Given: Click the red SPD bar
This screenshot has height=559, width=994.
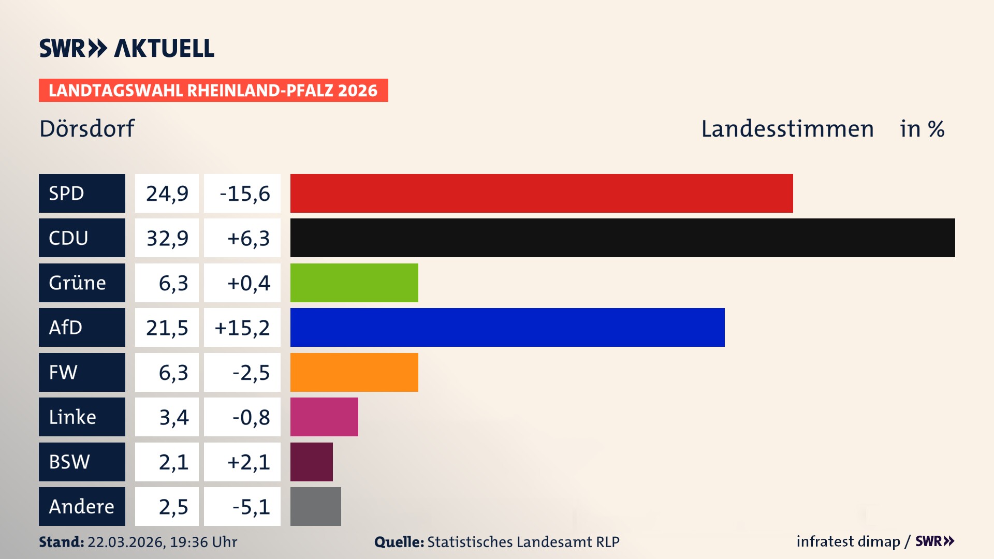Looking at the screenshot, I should coord(541,193).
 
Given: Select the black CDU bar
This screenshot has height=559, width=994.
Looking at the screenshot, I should coord(622,238).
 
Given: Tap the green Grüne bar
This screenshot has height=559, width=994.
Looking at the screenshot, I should coord(354,283).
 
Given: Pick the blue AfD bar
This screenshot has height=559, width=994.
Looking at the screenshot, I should coord(507,327).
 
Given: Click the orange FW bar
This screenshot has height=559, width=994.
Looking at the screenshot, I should coord(354,372).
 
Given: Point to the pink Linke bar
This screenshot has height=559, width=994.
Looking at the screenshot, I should coord(324,417).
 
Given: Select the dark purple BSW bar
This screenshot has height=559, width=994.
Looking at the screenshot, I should coord(312,462).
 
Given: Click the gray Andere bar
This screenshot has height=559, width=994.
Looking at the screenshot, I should coord(316,506).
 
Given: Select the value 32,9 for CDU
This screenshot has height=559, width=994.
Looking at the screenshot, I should coord(167,238).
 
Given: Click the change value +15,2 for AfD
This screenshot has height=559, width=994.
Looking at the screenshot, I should coord(242,328).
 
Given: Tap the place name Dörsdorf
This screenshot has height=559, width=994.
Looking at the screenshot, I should coord(87,128).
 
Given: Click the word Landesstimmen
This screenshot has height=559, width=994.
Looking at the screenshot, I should coord(787,128).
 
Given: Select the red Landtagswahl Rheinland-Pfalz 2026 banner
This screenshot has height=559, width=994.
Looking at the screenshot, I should coord(213,90).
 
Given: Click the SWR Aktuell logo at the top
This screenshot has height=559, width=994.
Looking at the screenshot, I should coord(127,48).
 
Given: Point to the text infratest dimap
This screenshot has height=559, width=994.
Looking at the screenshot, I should coord(848,541).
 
